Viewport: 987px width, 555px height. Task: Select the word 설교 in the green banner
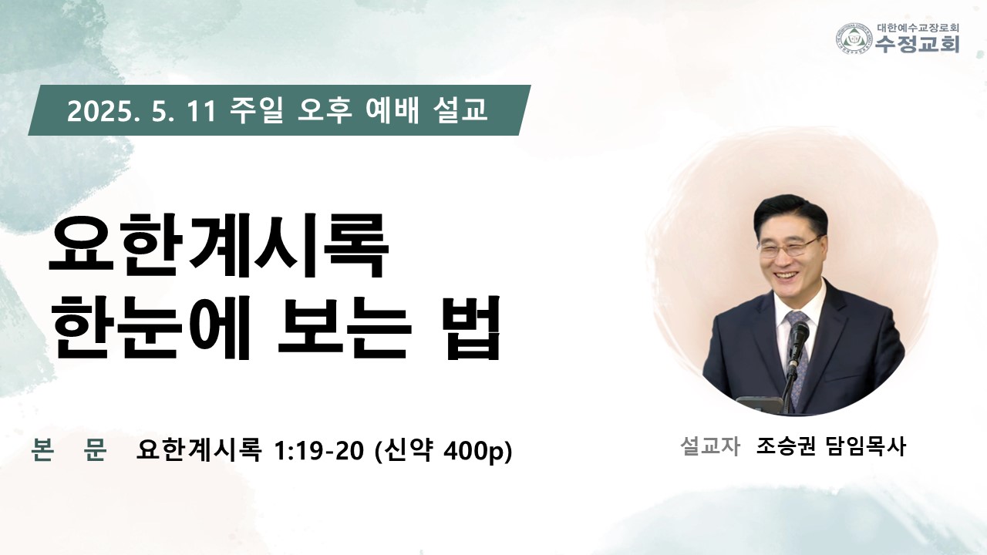pos(460,110)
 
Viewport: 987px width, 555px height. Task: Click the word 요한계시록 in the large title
pos(218,246)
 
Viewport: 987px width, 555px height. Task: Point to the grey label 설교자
pos(710,446)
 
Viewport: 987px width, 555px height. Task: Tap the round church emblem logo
pos(855,39)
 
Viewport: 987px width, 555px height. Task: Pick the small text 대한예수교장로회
pos(917,28)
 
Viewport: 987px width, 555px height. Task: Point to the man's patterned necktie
pos(797,352)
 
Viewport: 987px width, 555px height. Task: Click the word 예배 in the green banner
pos(392,110)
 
